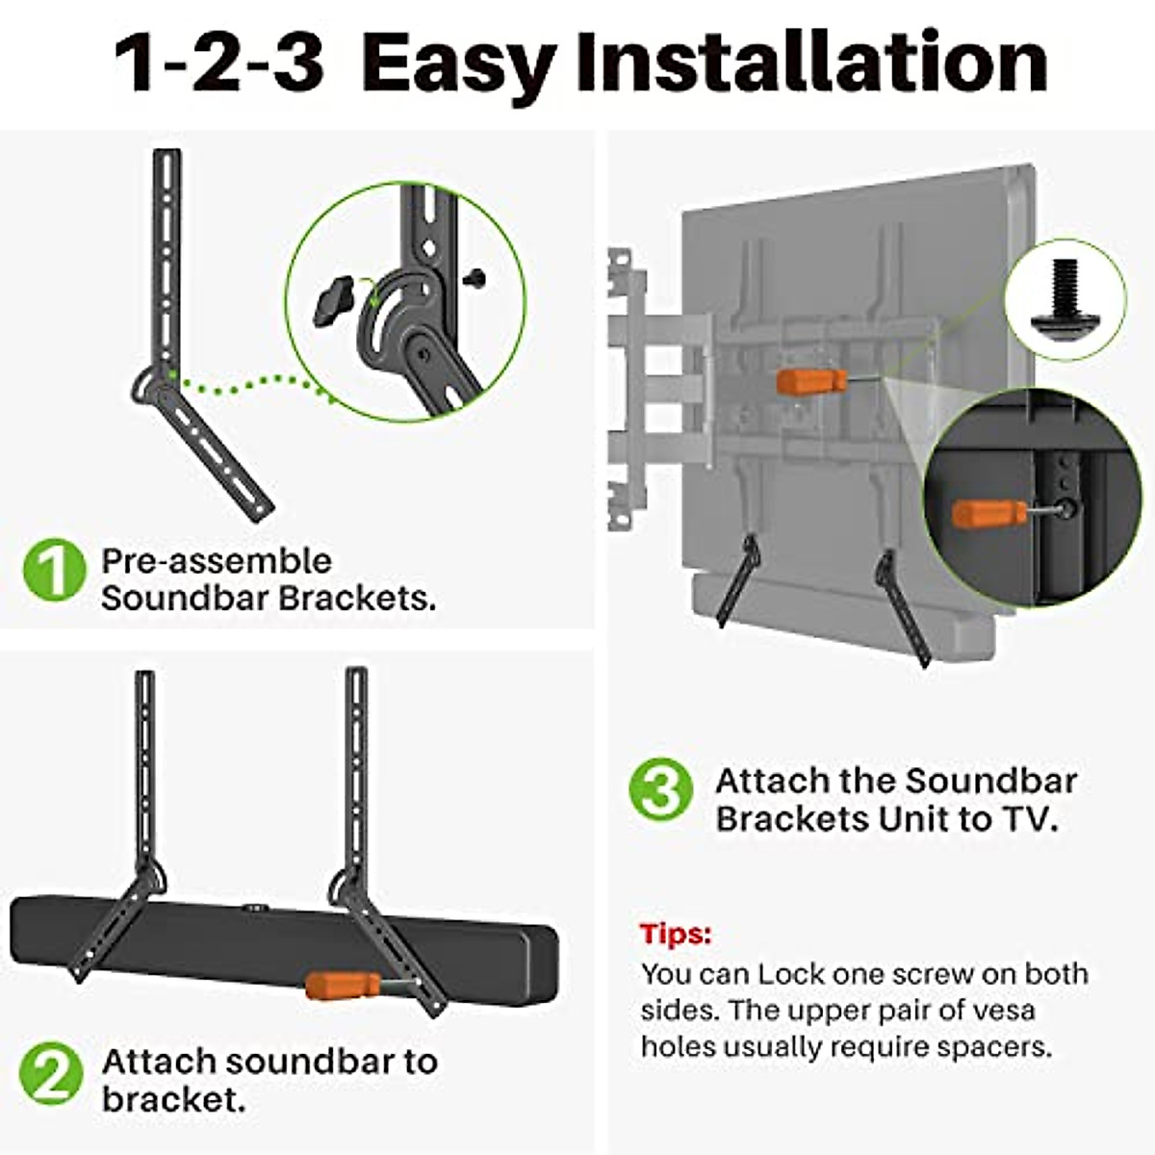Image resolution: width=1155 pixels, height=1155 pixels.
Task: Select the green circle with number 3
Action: (660, 791)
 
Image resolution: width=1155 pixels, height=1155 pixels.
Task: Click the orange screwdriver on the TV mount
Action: (810, 380)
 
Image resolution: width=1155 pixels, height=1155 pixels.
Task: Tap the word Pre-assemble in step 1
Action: (217, 561)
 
